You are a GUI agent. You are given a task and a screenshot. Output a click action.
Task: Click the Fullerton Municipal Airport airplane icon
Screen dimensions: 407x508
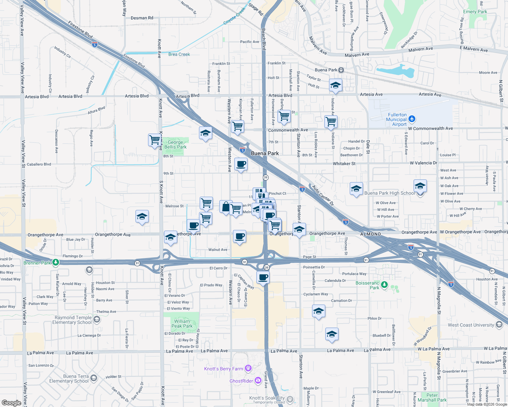[412, 119]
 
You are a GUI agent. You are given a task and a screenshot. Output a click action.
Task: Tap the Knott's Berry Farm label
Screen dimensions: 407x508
[223, 369]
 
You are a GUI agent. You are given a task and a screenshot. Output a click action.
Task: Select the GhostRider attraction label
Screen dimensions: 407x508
[241, 381]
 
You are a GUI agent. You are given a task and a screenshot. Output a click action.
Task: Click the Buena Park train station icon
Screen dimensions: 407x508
[341, 70]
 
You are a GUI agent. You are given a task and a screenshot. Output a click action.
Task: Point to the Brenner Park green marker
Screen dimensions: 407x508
[56, 263]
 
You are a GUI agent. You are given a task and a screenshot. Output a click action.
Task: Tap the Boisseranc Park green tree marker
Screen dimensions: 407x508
[384, 285]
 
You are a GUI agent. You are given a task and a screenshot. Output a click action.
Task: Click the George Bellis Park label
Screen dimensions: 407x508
[175, 145]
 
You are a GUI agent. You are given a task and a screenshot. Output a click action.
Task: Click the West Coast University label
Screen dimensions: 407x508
[471, 325]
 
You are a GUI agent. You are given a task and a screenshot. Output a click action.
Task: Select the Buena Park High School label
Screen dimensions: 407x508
[389, 193]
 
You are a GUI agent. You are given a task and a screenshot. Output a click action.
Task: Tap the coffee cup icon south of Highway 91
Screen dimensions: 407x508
[263, 277]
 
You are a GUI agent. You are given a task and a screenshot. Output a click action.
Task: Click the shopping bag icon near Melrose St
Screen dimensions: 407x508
[225, 207]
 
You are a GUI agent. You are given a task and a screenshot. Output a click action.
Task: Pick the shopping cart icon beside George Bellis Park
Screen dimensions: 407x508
[155, 140]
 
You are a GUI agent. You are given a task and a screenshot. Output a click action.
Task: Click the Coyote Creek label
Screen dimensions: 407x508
[234, 16]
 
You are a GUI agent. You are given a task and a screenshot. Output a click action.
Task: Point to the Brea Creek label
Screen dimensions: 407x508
[179, 54]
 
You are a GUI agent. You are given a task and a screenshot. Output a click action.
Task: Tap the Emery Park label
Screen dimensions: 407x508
[475, 12]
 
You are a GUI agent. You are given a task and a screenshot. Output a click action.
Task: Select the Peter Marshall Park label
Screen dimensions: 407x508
[432, 398]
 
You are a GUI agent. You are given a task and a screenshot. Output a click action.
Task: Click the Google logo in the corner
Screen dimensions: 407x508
[11, 403]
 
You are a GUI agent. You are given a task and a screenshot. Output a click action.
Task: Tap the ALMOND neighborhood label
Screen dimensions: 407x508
[370, 234]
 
